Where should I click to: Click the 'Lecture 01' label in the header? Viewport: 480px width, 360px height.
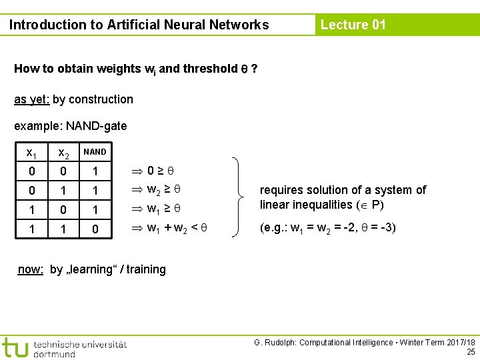[x=353, y=25]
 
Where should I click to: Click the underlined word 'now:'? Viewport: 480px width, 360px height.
[x=31, y=269]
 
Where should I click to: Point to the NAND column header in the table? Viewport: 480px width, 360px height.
[x=95, y=152]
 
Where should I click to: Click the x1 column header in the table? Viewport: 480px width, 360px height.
[x=31, y=153]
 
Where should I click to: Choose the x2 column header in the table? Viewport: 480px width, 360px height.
[x=63, y=153]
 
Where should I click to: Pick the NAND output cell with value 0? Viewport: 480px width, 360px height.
[x=95, y=230]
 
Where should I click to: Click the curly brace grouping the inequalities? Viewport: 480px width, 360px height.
[x=238, y=197]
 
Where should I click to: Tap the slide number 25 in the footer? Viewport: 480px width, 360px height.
[x=471, y=351]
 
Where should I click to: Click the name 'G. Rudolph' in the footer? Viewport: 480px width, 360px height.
[x=274, y=342]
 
